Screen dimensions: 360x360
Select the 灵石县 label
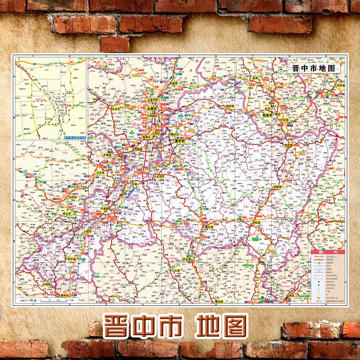(x=72, y=260)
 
